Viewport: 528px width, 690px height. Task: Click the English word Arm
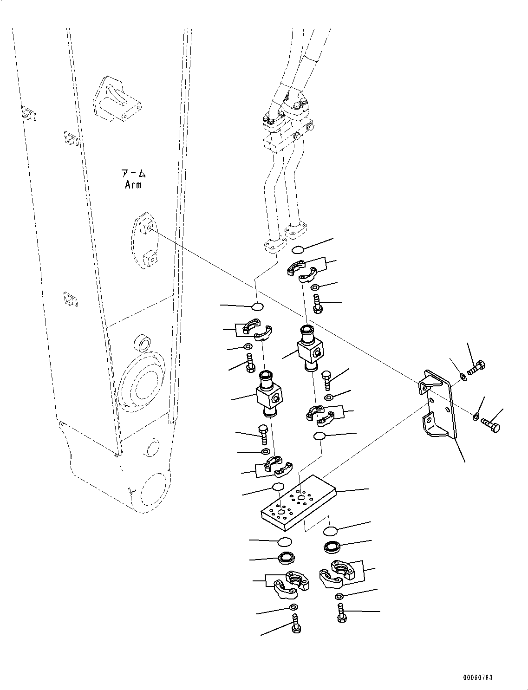(133, 185)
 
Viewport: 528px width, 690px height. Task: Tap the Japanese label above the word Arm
(133, 174)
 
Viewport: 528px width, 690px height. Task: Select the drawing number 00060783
(477, 677)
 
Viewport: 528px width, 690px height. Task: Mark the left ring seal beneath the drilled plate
(285, 558)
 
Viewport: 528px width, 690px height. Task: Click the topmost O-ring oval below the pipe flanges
(298, 250)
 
